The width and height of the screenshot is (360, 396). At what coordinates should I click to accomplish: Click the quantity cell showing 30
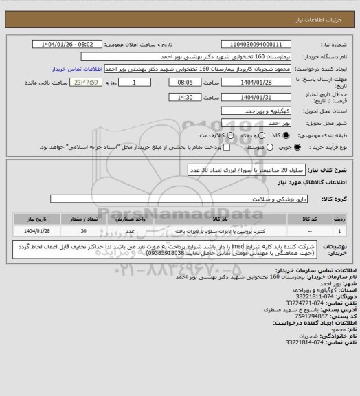[84, 232]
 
